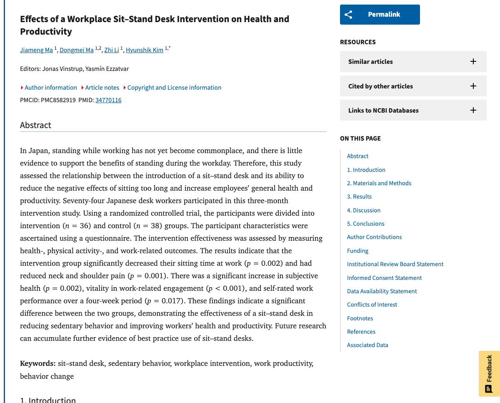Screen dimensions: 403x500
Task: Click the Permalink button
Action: pos(380,15)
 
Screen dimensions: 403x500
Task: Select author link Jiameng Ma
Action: pos(37,50)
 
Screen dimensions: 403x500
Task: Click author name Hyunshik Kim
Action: pos(145,50)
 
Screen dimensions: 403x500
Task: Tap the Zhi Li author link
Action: pos(111,50)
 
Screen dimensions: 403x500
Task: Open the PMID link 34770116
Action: pos(108,100)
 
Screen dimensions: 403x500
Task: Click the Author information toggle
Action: pos(50,88)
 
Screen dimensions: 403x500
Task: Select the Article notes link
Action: pos(102,88)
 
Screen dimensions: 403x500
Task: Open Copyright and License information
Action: pos(174,88)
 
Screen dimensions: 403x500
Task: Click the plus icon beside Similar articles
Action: pos(473,61)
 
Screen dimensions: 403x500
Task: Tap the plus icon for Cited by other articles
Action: pos(473,86)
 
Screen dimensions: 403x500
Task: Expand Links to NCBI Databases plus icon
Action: pos(473,110)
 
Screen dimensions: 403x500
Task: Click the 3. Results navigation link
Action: pos(359,196)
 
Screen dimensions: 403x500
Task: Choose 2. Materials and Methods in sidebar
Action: pos(379,183)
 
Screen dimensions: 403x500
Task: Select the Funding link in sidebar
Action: pos(357,251)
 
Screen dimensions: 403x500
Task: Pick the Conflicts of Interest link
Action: pos(372,305)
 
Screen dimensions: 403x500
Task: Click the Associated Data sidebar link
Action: pos(367,345)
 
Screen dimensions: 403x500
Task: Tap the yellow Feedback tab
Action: pos(489,373)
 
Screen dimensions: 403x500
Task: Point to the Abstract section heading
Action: pos(36,125)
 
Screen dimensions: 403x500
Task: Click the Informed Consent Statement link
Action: pos(384,278)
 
